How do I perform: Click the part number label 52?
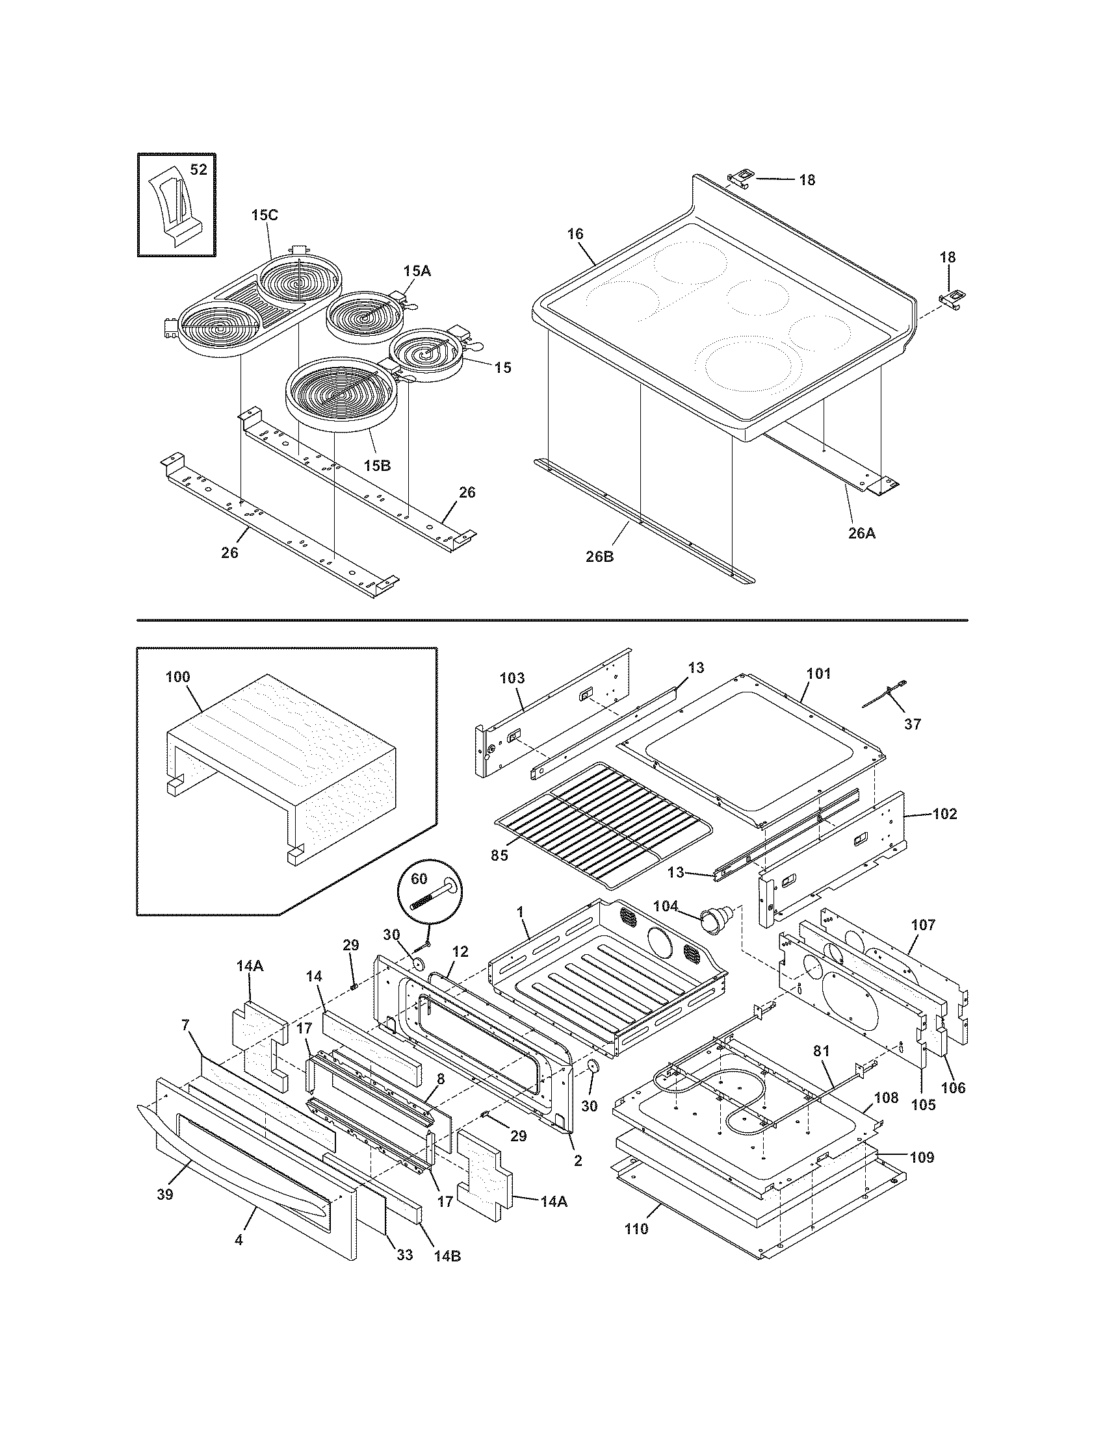click(x=198, y=170)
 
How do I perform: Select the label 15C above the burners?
click(x=264, y=215)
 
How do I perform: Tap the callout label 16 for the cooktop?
click(x=575, y=234)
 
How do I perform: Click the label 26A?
click(x=861, y=533)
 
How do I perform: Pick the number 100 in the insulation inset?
click(x=177, y=677)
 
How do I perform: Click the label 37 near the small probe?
click(x=913, y=724)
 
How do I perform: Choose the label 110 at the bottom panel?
click(x=636, y=1229)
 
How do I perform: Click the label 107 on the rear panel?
click(x=923, y=925)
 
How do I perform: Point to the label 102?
click(x=944, y=814)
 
